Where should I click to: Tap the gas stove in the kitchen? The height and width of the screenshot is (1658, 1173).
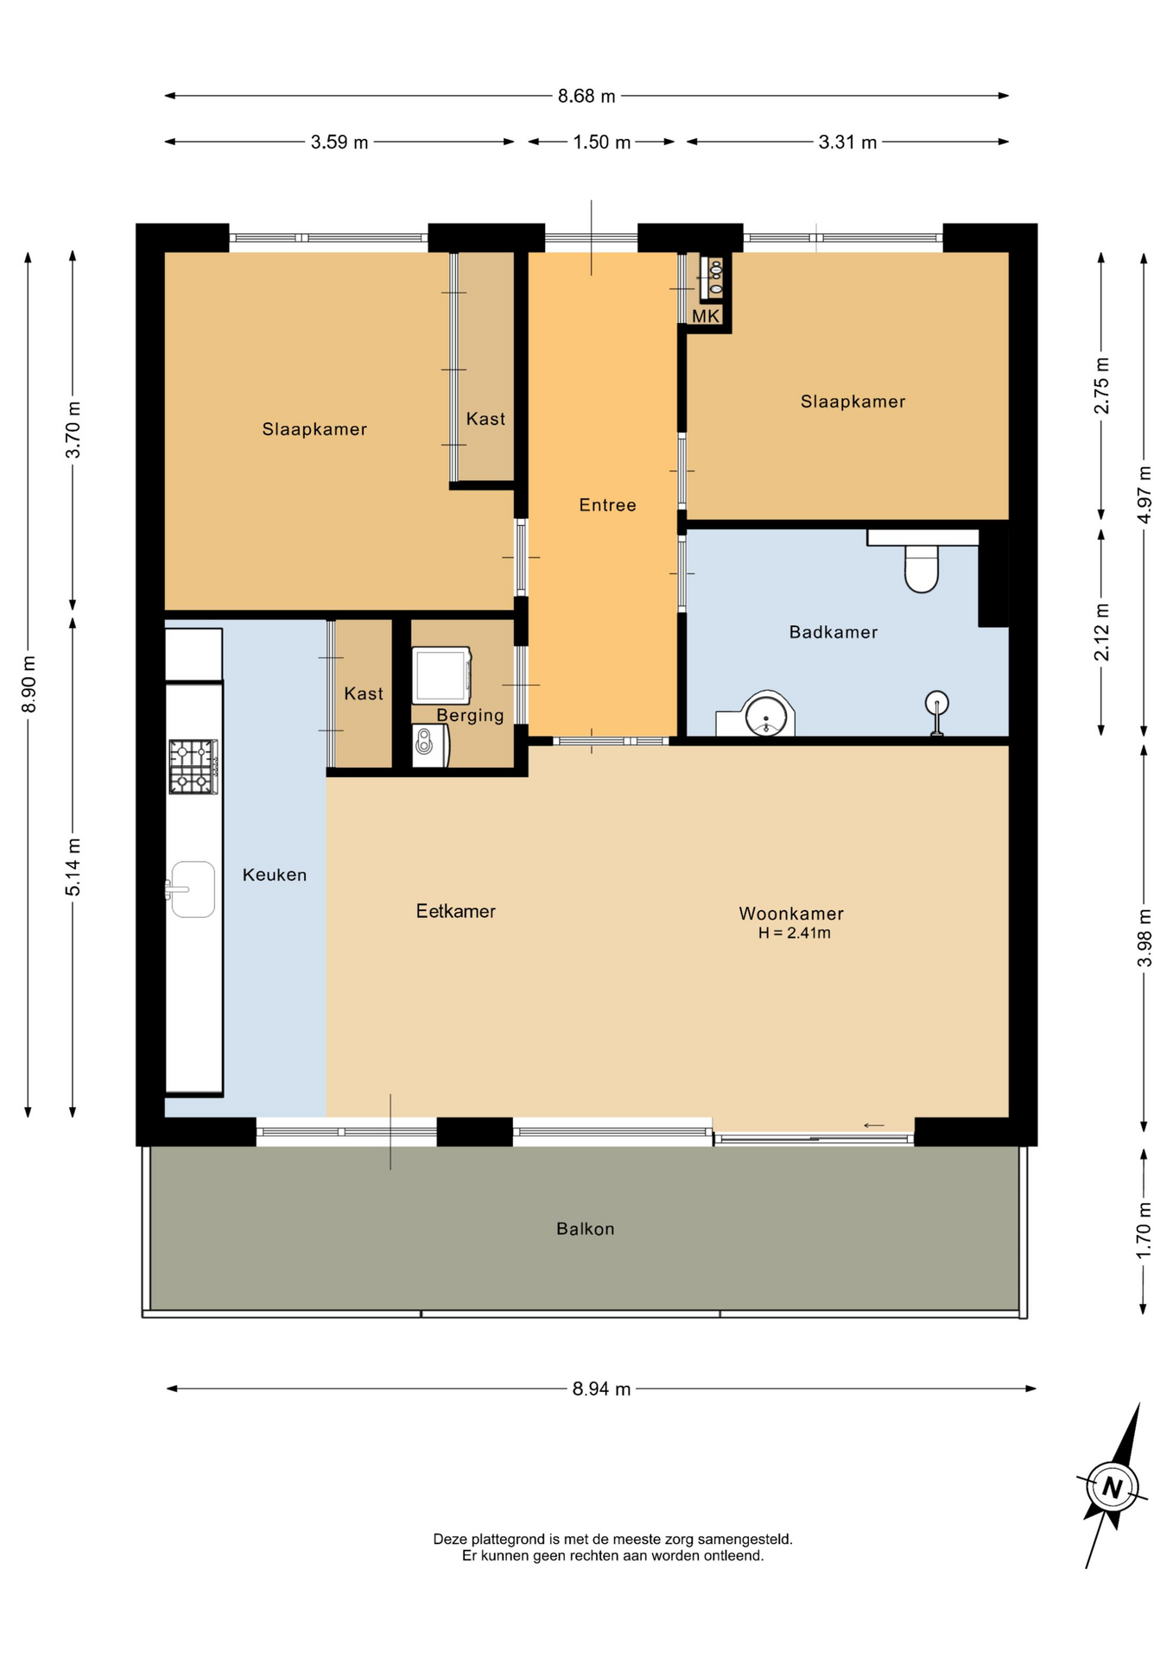click(x=193, y=766)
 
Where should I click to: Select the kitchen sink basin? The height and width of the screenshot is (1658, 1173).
click(x=193, y=889)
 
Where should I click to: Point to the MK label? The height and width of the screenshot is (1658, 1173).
click(x=706, y=316)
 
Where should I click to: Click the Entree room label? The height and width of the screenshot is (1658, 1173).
click(x=607, y=505)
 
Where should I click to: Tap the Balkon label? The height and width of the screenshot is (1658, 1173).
click(x=586, y=1229)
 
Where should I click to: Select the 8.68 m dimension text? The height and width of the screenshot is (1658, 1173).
click(x=586, y=96)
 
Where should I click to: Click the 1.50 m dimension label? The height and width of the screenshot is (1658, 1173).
click(x=602, y=142)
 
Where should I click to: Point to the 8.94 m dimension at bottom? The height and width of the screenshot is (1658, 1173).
click(x=601, y=1389)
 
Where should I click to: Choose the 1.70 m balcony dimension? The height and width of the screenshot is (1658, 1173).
click(x=1144, y=1230)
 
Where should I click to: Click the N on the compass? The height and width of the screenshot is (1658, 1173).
click(x=1113, y=1488)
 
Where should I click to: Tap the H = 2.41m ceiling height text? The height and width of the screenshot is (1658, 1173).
click(x=795, y=933)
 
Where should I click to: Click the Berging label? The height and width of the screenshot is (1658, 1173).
click(x=470, y=715)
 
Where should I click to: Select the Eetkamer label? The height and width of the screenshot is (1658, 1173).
click(x=456, y=911)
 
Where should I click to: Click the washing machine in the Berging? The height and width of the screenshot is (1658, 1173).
click(x=441, y=675)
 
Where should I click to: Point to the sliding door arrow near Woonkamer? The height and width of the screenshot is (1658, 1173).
click(x=874, y=1125)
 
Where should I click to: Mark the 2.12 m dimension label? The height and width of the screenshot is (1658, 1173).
click(x=1101, y=632)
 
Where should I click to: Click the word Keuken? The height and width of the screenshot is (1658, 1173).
click(x=275, y=875)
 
